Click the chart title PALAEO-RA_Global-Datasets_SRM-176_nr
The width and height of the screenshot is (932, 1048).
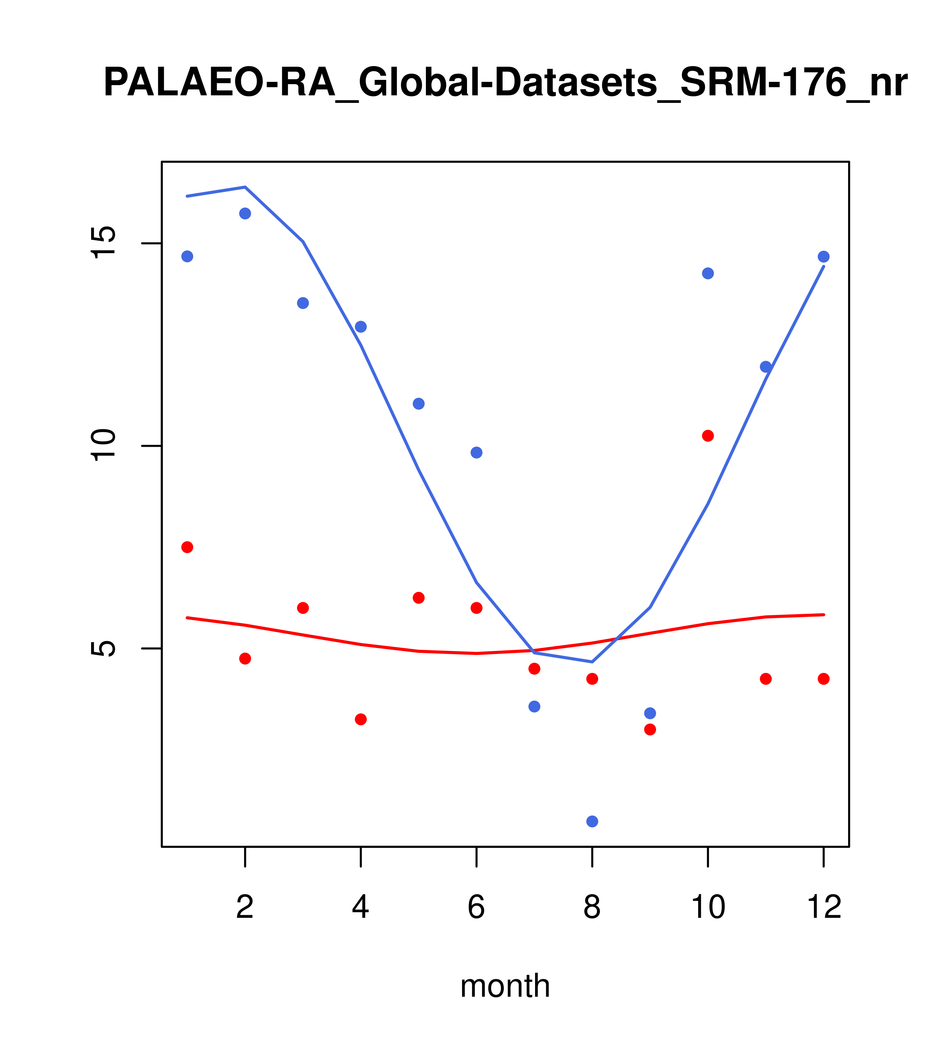pyautogui.click(x=505, y=83)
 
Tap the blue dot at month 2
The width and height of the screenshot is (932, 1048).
pyautogui.click(x=245, y=213)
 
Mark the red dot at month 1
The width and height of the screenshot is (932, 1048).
pyautogui.click(x=187, y=547)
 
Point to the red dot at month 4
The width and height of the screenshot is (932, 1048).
pyautogui.click(x=360, y=719)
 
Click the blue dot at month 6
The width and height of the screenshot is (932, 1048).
pyautogui.click(x=477, y=452)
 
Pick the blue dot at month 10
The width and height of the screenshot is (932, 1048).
pyautogui.click(x=708, y=273)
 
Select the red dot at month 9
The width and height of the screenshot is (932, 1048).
pyautogui.click(x=650, y=729)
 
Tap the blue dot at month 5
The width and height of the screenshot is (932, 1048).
pyautogui.click(x=419, y=403)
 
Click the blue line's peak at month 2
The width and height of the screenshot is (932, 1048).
pyautogui.click(x=245, y=187)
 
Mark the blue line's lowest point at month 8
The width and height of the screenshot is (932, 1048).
pyautogui.click(x=592, y=662)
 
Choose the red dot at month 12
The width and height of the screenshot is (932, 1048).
pyautogui.click(x=824, y=679)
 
